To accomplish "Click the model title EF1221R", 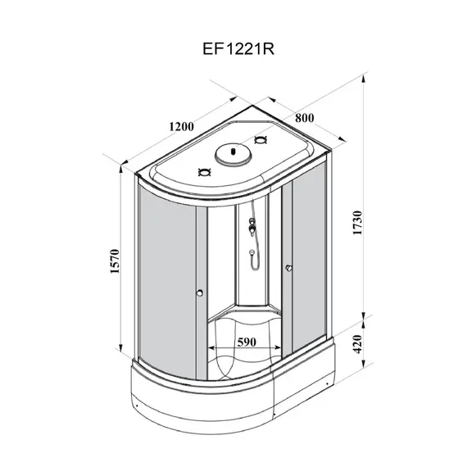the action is point(238,49).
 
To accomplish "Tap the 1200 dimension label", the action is point(181,127).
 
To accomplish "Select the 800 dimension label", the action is point(305,118).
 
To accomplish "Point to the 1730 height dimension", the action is point(357,223).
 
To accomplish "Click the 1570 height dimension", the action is point(115,261).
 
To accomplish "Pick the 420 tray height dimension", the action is point(357,344).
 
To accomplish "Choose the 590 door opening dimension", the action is point(247,342).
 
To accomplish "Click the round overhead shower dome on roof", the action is point(233,154).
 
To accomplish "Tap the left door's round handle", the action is point(200,292).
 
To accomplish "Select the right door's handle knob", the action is point(288,268).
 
